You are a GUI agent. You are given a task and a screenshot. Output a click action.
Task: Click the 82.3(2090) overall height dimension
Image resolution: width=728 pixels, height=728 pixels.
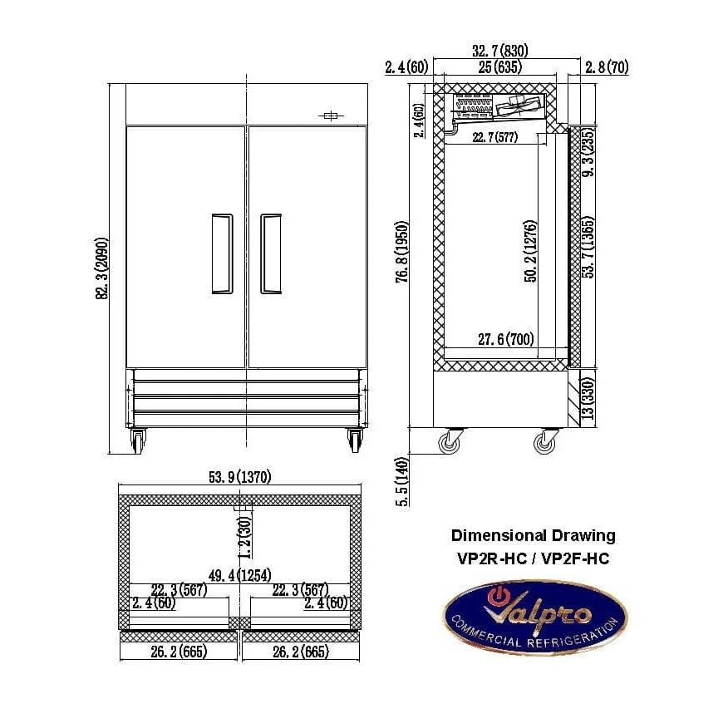point(101,268)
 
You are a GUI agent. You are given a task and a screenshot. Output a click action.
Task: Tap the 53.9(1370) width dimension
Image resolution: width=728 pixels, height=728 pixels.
point(239,477)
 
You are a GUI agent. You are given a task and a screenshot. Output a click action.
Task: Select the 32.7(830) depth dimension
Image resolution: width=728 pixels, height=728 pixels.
point(500,51)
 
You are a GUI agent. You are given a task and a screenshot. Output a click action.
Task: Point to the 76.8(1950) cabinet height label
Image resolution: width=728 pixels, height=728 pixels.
point(402,252)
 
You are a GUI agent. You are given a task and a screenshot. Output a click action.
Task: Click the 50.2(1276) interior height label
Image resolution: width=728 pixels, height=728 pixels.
point(531,251)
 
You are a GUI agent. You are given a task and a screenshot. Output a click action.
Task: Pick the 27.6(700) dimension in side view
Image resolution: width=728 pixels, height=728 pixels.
point(506,339)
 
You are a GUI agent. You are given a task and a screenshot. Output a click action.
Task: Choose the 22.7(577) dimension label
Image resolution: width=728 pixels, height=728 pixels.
point(495,137)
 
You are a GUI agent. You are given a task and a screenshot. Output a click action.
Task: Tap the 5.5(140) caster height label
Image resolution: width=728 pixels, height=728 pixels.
point(402,481)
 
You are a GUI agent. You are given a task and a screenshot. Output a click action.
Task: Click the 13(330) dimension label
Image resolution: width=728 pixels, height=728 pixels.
point(588,398)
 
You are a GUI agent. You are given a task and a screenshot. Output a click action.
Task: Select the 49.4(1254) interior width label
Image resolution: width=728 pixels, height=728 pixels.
point(239,576)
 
